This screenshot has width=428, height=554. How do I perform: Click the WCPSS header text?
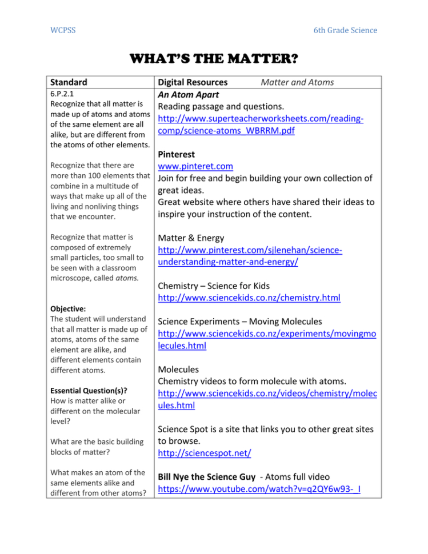coord(62,30)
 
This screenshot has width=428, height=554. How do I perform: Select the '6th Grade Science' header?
coord(345,30)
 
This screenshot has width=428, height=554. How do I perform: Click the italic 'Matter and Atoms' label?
coord(297,82)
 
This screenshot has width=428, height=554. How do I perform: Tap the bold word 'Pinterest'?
coord(177,154)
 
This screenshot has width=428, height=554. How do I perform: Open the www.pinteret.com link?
coord(195,166)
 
